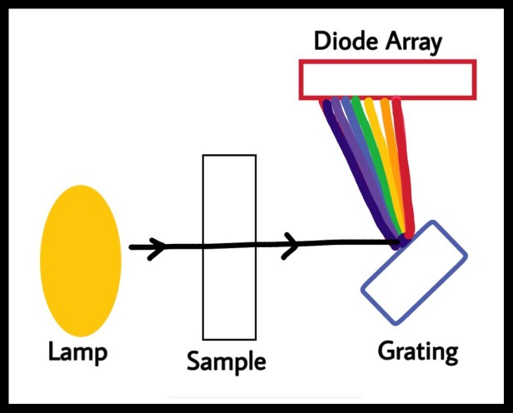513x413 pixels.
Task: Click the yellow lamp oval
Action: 81,261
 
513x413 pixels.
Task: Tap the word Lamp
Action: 78,352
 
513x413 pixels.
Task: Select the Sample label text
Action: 227,361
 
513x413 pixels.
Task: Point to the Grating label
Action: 418,352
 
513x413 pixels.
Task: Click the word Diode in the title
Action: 346,41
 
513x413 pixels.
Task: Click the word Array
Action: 414,43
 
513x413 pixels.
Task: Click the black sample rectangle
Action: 203,247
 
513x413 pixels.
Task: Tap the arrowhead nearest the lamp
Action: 157,248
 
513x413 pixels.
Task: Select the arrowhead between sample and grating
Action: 291,246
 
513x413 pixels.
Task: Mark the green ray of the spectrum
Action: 379,163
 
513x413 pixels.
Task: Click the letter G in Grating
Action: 386,351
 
